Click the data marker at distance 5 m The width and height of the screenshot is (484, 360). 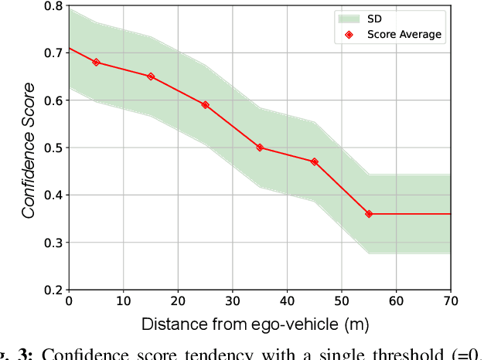pos(96,62)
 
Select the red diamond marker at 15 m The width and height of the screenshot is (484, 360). pos(151,76)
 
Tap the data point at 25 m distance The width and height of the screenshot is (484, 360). pos(205,105)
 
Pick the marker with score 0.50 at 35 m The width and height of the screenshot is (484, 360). pos(260,148)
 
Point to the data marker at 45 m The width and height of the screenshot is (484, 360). pos(314,162)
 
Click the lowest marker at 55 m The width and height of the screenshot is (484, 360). pos(369,214)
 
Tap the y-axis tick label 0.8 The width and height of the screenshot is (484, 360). pos(53,6)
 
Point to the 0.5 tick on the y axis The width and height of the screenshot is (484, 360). pos(53,148)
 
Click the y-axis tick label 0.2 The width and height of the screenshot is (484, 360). pos(53,290)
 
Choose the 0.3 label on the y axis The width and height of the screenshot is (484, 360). pos(53,243)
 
